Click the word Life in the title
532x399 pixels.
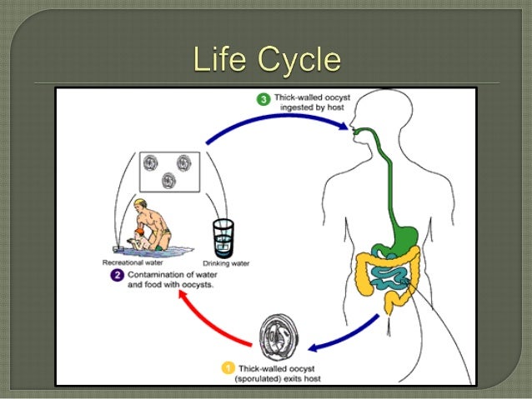219,60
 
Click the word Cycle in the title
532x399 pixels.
296,61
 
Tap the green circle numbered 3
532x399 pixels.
263,100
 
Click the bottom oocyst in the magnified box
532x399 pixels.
170,178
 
